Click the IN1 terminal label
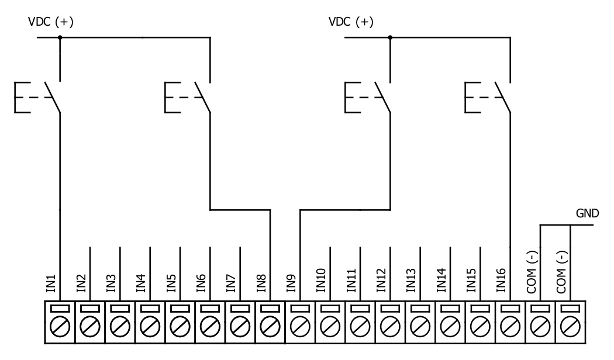tap(51, 283)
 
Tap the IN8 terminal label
tap(261, 283)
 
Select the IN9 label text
tap(291, 283)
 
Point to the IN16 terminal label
tap(501, 280)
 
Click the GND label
tap(587, 213)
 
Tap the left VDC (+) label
tap(51, 22)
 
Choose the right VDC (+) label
tap(351, 22)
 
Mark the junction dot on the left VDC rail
tap(60, 37)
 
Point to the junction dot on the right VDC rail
tap(390, 37)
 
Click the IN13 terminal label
tap(411, 280)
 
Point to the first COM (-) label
tap(532, 272)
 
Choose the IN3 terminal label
tap(111, 283)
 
